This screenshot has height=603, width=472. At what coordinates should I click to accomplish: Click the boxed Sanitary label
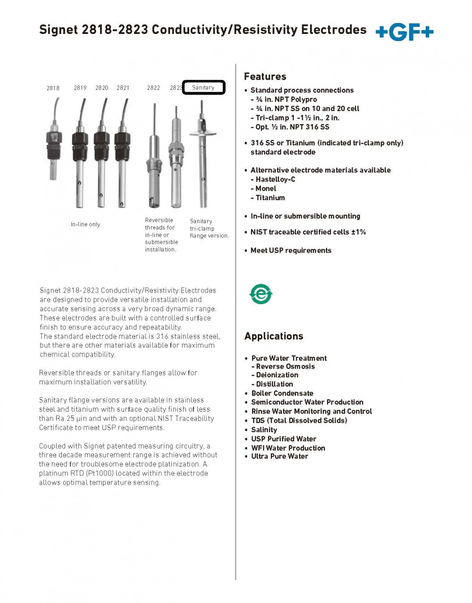[203, 87]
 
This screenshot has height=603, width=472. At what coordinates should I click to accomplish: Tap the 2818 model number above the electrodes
[53, 88]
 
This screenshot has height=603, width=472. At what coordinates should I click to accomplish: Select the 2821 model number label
[123, 88]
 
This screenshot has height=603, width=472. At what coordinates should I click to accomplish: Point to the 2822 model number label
[153, 88]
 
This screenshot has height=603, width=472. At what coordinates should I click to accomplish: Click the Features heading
[265, 76]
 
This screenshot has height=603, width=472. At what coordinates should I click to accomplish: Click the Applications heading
[274, 336]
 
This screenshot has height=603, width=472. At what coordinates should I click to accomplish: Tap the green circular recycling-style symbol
[261, 294]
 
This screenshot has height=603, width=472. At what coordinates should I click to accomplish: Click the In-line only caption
[85, 224]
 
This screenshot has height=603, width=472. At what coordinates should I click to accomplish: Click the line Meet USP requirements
[291, 250]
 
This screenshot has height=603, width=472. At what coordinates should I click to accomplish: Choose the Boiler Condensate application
[282, 393]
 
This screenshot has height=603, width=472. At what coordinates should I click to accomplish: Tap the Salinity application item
[264, 430]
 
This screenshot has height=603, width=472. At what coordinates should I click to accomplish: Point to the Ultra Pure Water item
[279, 457]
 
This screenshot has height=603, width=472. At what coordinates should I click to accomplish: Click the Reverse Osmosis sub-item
[285, 366]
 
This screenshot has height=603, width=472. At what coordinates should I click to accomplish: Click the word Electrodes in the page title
[334, 30]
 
